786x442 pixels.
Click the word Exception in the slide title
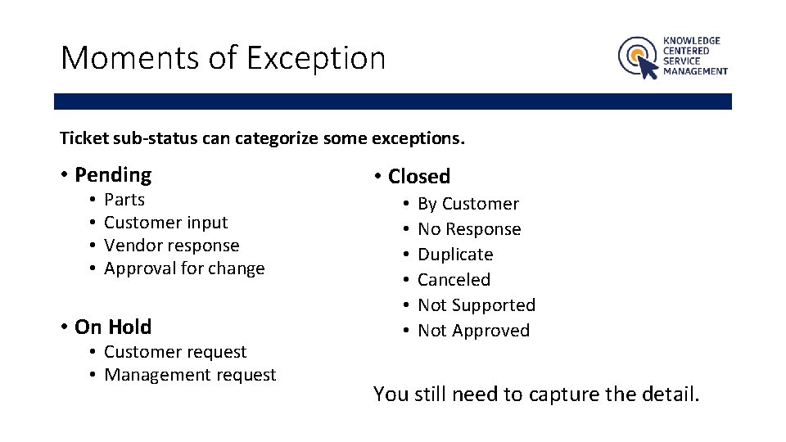point(315,58)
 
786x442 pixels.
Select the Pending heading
point(113,174)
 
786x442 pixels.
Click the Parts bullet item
point(124,200)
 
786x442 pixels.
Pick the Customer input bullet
point(165,223)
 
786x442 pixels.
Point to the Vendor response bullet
point(172,246)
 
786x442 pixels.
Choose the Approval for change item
point(184,268)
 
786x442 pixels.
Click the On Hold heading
point(113,327)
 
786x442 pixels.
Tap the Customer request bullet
point(175,352)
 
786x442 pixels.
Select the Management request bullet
point(190,375)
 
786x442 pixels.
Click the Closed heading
point(419,177)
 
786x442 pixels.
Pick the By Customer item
point(468,204)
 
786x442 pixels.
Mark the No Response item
point(469,229)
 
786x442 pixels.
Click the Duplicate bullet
point(455,255)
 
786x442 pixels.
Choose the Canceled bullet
point(454,280)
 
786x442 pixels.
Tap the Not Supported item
point(477,305)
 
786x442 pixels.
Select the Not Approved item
point(473,331)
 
